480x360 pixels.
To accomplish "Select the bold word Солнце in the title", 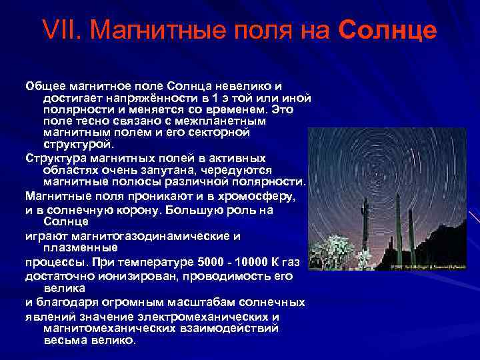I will (x=388, y=30).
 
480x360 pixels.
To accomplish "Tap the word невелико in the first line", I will (x=250, y=86).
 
